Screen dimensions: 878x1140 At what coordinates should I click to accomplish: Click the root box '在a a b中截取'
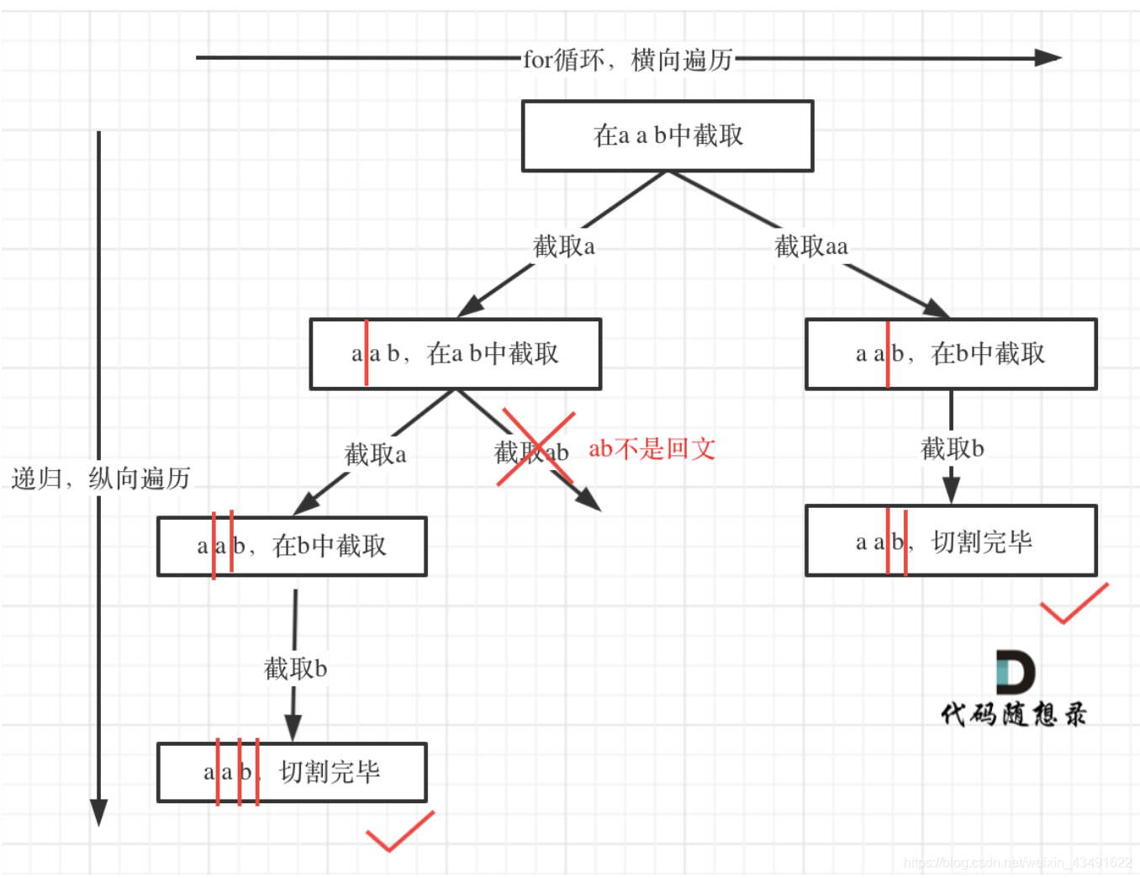click(x=668, y=136)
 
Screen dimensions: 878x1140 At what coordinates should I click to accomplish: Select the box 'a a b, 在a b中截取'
click(x=455, y=354)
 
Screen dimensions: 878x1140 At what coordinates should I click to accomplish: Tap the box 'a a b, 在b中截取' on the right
click(x=950, y=354)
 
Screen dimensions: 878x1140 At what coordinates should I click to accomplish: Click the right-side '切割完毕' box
click(x=950, y=541)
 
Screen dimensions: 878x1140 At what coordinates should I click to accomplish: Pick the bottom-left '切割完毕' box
click(x=292, y=772)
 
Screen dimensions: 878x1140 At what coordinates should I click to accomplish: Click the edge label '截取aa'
click(x=810, y=246)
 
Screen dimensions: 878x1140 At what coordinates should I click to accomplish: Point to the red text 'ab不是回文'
click(x=652, y=449)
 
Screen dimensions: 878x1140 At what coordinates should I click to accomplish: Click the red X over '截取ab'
click(x=536, y=448)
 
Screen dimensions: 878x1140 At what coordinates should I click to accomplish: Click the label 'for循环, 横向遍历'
click(x=628, y=60)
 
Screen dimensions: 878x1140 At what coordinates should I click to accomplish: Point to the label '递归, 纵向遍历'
click(x=101, y=479)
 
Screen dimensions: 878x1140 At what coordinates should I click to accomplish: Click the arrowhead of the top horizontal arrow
click(x=1048, y=58)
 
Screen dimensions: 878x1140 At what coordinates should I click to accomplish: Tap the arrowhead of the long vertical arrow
click(x=98, y=812)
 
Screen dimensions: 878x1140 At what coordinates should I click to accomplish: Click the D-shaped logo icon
click(x=1014, y=672)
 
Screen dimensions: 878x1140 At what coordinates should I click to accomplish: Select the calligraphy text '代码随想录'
click(x=1013, y=715)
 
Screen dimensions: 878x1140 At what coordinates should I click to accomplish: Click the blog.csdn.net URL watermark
click(x=1017, y=863)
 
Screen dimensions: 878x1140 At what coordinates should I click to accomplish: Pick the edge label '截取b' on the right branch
click(x=952, y=448)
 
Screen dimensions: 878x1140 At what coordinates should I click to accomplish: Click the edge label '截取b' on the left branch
click(x=295, y=669)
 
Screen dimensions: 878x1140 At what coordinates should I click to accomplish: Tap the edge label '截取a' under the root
click(x=563, y=246)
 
